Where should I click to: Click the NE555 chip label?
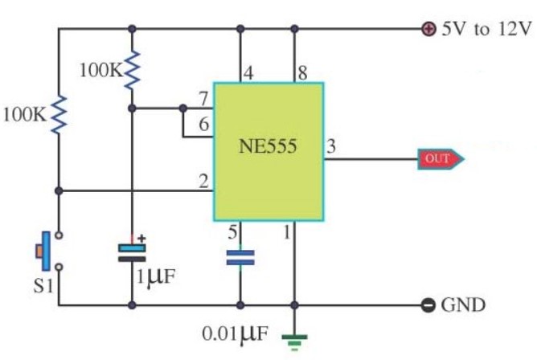pos(268,146)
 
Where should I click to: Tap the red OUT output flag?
pos(441,159)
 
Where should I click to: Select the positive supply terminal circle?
pos(428,29)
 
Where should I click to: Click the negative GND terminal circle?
pos(428,305)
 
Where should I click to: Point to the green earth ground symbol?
pos(294,342)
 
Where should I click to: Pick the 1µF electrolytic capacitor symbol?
pos(132,253)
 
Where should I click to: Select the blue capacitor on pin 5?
pos(240,258)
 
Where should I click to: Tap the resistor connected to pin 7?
pos(132,71)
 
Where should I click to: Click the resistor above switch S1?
pos(59,115)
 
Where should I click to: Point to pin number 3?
pos(331,146)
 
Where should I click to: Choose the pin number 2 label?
pos(203,181)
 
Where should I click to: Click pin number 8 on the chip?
pos(302,73)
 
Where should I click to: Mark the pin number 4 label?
pos(248,73)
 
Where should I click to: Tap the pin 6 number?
pos(203,124)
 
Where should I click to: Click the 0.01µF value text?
pos(235,333)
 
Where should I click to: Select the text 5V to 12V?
pos(486,29)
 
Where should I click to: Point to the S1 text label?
pos(43,286)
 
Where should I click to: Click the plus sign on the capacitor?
pos(141,239)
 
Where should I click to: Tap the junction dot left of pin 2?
pos(59,190)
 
